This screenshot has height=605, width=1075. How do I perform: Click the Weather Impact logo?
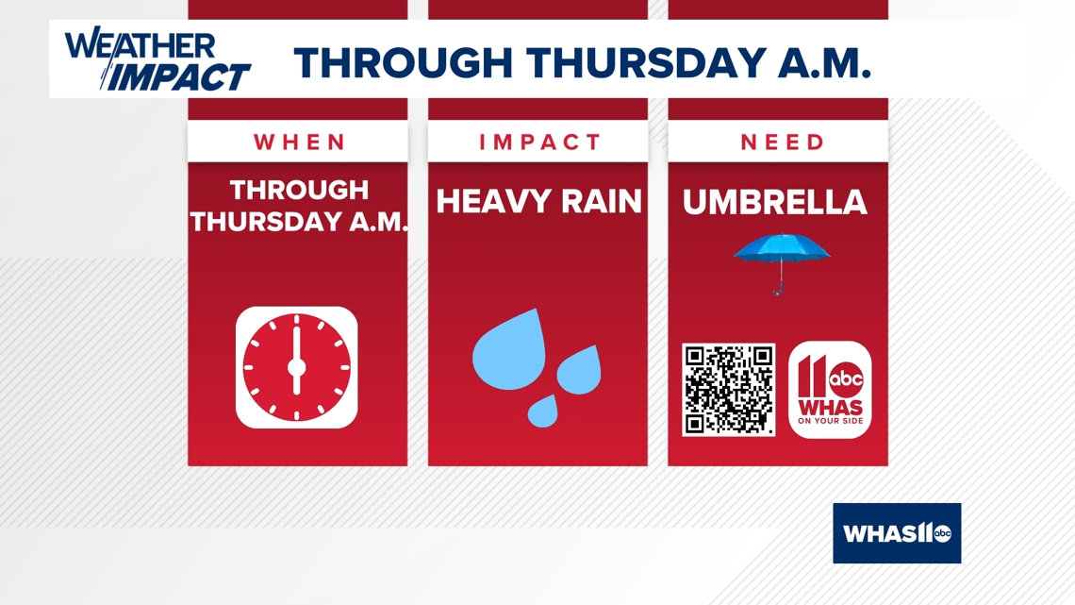(x=157, y=59)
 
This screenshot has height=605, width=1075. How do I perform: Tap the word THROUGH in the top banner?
(x=404, y=62)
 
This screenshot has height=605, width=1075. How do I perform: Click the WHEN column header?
(x=299, y=142)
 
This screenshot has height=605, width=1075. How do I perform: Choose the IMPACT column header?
(x=539, y=142)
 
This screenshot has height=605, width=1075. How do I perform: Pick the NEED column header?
(x=783, y=142)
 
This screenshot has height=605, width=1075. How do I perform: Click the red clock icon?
(x=297, y=368)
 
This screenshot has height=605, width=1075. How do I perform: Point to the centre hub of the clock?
(x=297, y=368)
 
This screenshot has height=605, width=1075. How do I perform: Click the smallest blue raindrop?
(x=542, y=412)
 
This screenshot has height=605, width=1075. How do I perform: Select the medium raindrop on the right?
(x=580, y=371)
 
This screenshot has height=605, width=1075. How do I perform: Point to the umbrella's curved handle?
(x=777, y=290)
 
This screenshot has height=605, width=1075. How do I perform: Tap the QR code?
(x=729, y=390)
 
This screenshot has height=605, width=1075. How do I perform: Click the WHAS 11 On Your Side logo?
(x=830, y=390)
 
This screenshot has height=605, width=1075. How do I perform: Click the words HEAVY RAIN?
(x=538, y=202)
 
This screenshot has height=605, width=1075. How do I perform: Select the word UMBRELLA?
(x=775, y=202)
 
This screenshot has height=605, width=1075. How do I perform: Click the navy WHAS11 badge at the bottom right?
(x=897, y=533)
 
